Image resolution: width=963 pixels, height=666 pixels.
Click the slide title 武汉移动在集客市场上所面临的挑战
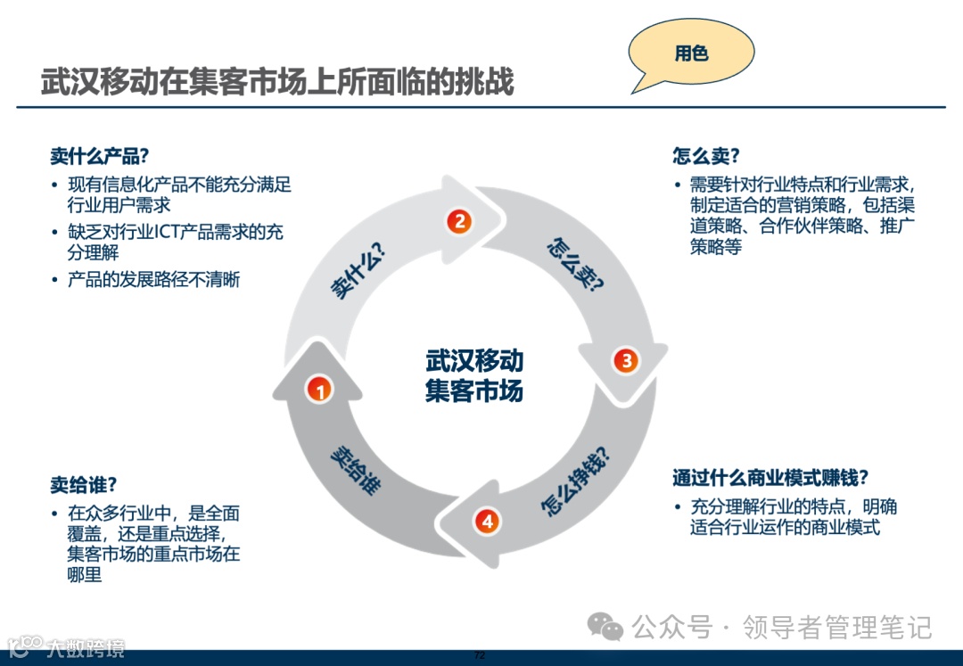pyautogui.click(x=277, y=82)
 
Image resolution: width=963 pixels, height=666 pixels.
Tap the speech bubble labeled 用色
pyautogui.click(x=690, y=53)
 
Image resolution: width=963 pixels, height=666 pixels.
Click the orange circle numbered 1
pyautogui.click(x=319, y=389)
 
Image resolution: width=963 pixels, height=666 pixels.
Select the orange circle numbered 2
pyautogui.click(x=458, y=221)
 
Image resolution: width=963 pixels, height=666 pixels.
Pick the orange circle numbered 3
pyautogui.click(x=625, y=360)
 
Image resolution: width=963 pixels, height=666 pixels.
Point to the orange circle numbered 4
pyautogui.click(x=486, y=521)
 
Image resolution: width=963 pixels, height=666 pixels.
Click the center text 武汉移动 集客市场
pyautogui.click(x=473, y=375)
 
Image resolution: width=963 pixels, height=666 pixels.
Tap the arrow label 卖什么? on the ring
pyautogui.click(x=357, y=271)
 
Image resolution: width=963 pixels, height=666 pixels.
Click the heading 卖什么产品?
pyautogui.click(x=99, y=157)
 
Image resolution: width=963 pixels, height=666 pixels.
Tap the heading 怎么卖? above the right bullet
pyautogui.click(x=706, y=156)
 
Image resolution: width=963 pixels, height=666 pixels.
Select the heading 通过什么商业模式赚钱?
pyautogui.click(x=770, y=478)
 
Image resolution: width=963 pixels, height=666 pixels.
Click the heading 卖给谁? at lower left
pyautogui.click(x=84, y=485)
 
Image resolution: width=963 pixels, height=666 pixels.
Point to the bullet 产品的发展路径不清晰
pyautogui.click(x=153, y=280)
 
